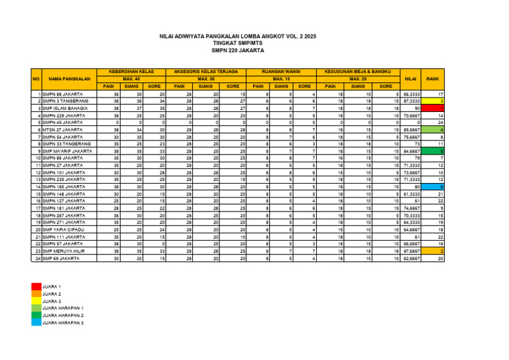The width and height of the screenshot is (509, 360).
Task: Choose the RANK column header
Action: click(x=433, y=78)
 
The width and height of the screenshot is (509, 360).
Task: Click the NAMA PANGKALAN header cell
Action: click(x=69, y=78)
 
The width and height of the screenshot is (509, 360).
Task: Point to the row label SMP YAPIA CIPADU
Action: click(x=64, y=229)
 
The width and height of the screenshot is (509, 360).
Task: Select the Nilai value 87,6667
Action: click(x=412, y=251)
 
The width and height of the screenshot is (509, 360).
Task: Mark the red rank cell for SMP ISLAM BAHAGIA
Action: click(x=433, y=108)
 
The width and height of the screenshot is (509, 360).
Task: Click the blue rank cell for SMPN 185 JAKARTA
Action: click(x=433, y=187)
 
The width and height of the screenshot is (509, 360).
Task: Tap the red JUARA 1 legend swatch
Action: click(x=35, y=286)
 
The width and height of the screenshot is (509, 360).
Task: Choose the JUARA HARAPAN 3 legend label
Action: click(x=62, y=322)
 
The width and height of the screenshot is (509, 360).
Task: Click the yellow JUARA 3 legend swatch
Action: click(x=35, y=301)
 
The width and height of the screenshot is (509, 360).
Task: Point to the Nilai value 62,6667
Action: click(x=412, y=259)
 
